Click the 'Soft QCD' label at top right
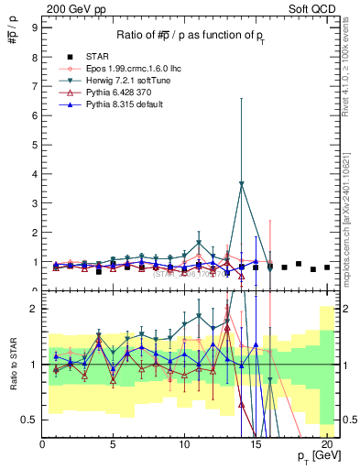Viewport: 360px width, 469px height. (x=314, y=10)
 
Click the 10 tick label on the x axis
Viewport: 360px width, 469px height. (x=184, y=445)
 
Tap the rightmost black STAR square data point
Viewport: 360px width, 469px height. (x=327, y=267)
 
